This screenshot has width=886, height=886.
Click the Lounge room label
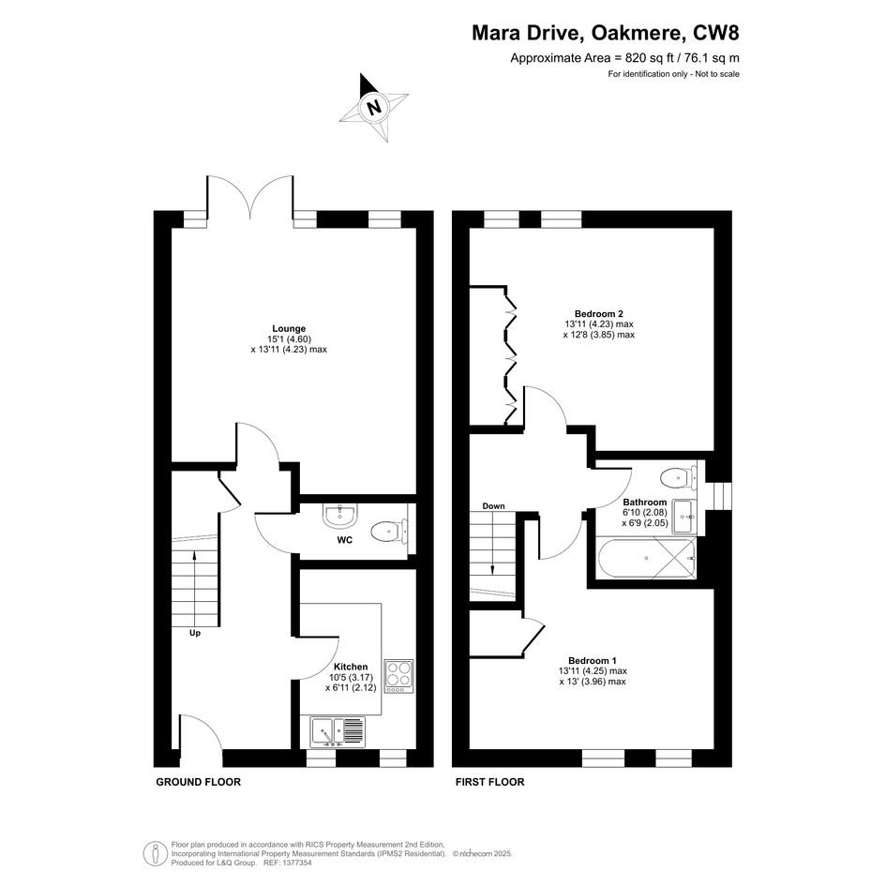point(289,328)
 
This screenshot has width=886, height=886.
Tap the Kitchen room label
point(351,667)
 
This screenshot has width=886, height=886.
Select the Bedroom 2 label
point(598,313)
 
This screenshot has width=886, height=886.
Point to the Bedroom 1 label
point(593,661)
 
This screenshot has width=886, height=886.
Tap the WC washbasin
point(338,516)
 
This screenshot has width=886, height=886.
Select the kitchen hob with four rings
point(398,676)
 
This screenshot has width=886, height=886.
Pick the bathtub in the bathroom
point(646,558)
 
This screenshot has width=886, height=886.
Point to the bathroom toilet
point(679,478)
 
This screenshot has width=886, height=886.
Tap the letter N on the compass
point(373,107)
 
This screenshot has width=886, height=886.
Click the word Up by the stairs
point(195,633)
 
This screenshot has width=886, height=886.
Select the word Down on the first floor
point(493,505)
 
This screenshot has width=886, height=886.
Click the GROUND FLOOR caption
point(199,782)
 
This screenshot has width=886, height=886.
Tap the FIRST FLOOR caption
point(490,782)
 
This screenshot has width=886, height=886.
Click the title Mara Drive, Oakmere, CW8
point(605,33)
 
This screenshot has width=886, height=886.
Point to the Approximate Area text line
point(625,57)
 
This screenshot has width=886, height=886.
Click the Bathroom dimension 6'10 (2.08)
point(645,513)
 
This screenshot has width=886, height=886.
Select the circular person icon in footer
point(156,854)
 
